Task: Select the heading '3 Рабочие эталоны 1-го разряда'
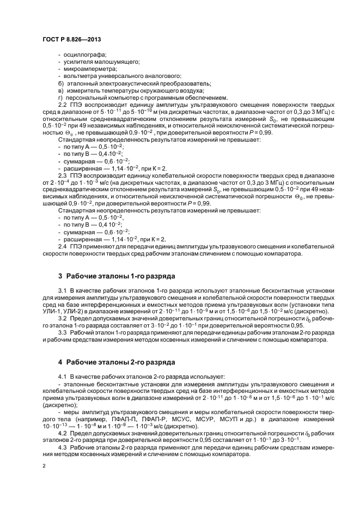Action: [117, 276]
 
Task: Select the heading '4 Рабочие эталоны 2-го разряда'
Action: [117, 361]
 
